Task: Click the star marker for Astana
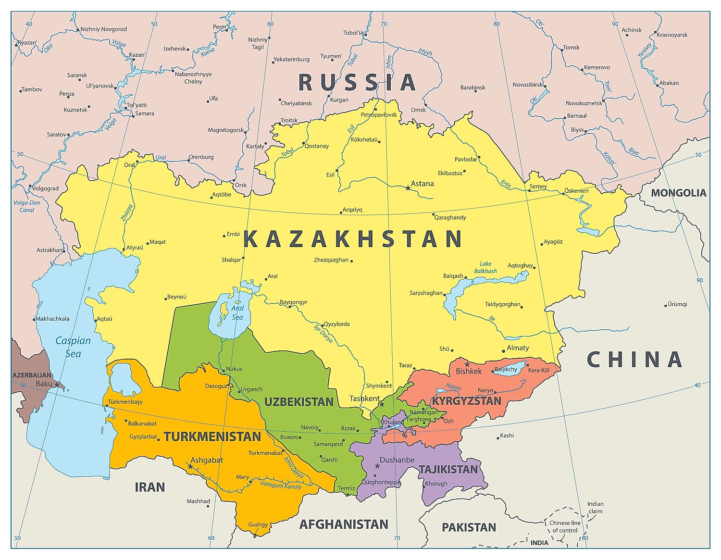click(408, 188)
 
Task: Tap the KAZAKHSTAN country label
click(353, 239)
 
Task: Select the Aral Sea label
click(237, 312)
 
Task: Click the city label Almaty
click(518, 348)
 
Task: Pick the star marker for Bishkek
click(467, 364)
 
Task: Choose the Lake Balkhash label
click(485, 267)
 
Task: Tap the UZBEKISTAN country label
click(298, 402)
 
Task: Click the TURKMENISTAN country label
click(212, 437)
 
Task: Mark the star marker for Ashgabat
click(190, 466)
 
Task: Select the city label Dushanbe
click(397, 460)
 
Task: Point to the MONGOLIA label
click(678, 193)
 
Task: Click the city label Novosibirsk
click(527, 85)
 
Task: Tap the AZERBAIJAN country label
click(32, 375)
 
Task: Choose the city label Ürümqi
click(677, 304)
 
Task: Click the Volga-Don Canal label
click(27, 206)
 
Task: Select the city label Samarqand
click(328, 444)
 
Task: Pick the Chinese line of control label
click(565, 526)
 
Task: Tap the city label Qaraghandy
click(450, 217)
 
